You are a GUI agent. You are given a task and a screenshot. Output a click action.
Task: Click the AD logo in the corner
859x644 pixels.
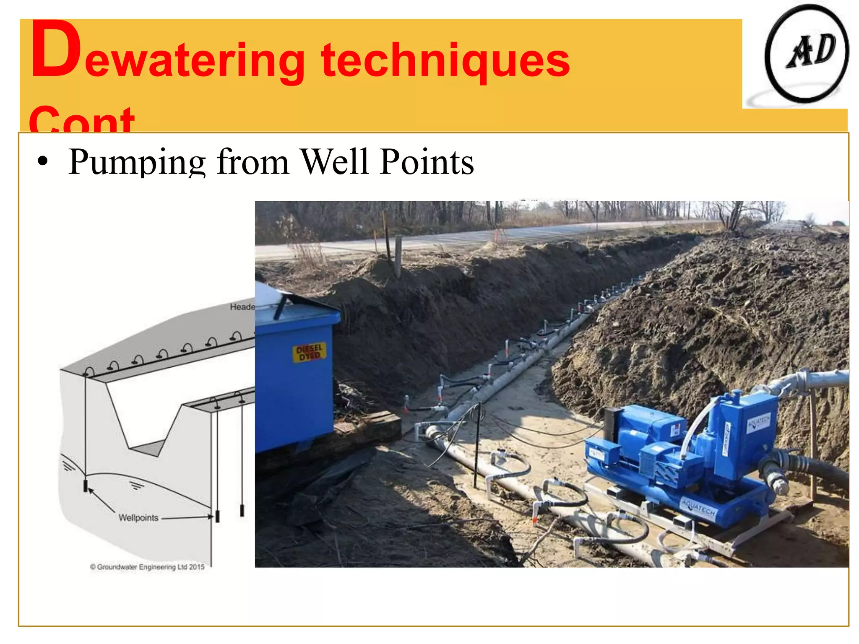(x=806, y=55)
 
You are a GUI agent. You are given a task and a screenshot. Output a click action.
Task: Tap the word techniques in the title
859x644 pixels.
(x=445, y=61)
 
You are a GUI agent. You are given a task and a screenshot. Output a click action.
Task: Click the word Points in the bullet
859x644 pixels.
(x=427, y=162)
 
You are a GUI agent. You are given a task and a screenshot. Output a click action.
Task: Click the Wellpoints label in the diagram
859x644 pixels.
(x=138, y=518)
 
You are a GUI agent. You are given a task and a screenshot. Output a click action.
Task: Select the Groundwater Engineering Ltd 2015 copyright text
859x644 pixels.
(x=147, y=567)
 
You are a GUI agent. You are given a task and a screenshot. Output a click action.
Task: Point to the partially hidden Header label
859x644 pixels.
(x=242, y=307)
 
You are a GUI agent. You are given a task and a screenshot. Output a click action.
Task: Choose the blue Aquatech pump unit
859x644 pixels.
(x=688, y=457)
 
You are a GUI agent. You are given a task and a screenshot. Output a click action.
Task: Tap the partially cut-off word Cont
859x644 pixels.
(x=82, y=119)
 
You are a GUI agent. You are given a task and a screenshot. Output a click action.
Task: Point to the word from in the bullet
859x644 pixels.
(x=253, y=162)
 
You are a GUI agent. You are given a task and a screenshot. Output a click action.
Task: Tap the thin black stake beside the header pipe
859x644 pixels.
(x=477, y=444)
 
